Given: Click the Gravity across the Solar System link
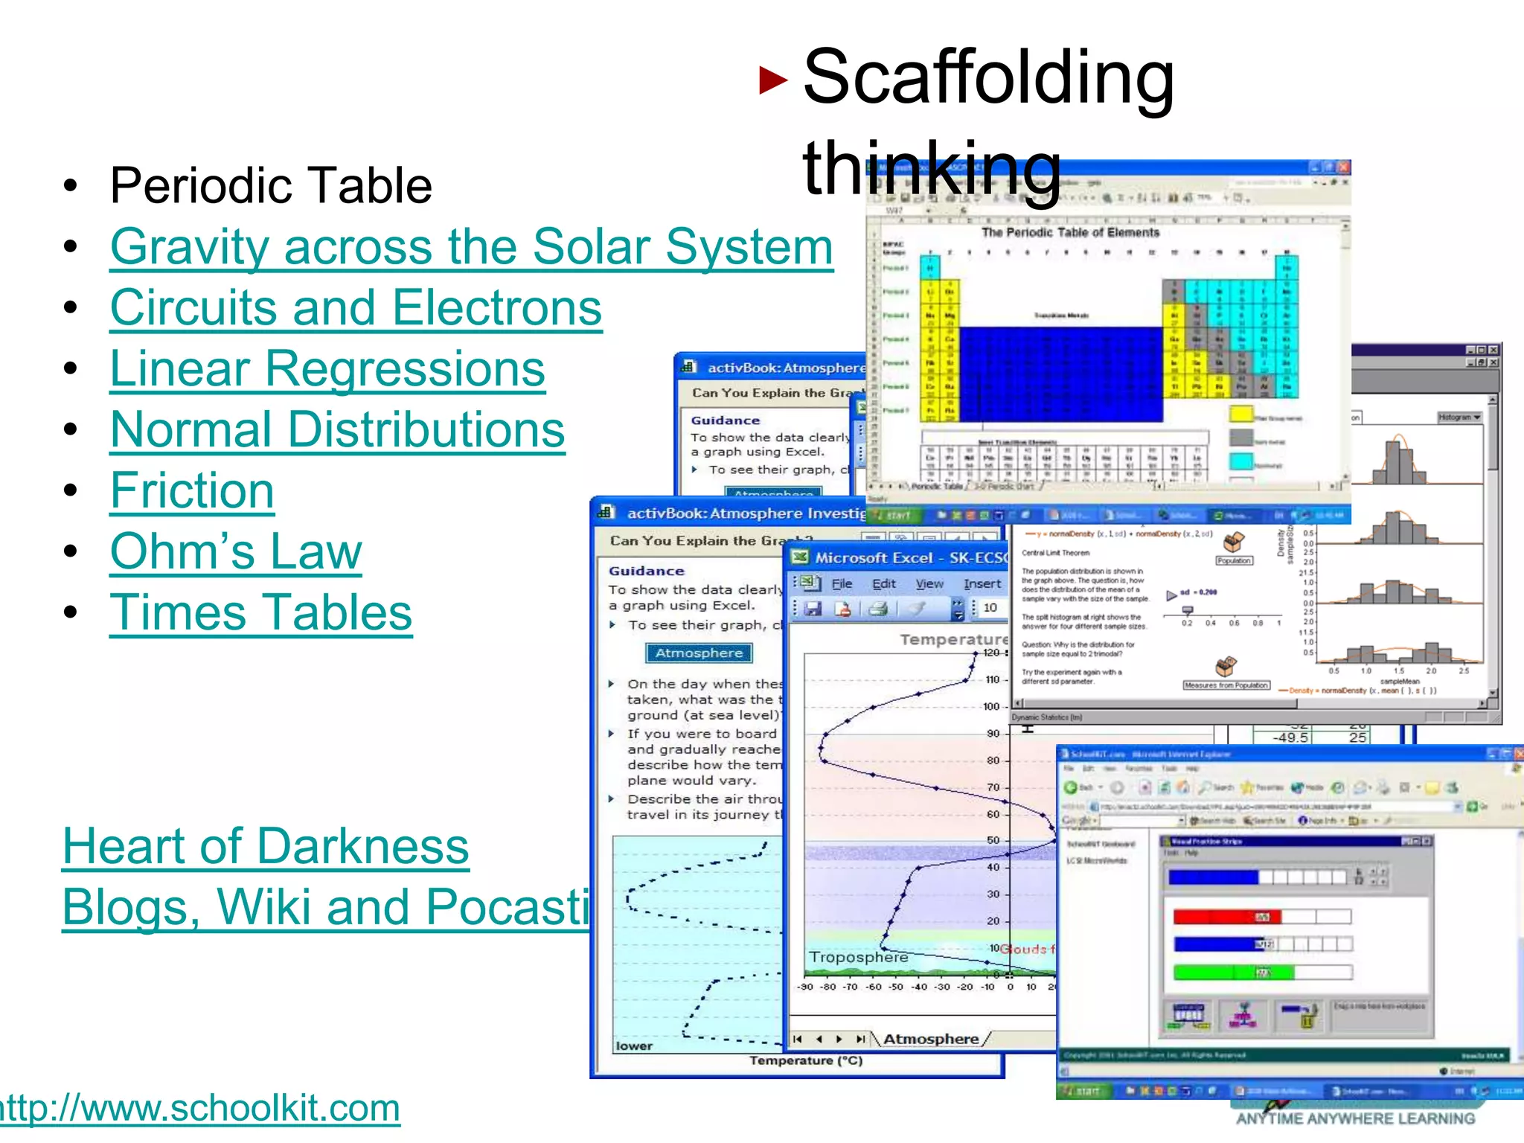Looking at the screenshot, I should tap(471, 247).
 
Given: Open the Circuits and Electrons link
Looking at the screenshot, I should tap(356, 308).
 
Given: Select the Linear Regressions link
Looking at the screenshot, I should tap(327, 369).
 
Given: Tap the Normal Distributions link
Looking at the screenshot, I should tap(337, 430).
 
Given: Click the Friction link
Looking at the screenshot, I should tap(192, 491).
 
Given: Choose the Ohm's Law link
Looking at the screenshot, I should tap(236, 552).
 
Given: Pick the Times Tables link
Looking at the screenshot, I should tap(260, 613).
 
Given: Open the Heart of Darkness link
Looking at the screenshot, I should tap(266, 847).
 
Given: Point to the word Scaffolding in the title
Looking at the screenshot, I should tap(988, 77).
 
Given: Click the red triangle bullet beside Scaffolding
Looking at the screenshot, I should tap(773, 80).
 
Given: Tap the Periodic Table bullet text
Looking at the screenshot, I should tap(271, 186).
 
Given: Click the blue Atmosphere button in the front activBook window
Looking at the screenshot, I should tap(699, 653).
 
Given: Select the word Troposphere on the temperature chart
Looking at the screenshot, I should tap(858, 957).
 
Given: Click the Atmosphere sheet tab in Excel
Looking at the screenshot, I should tap(930, 1039).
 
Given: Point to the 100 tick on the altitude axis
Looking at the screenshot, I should tap(992, 706).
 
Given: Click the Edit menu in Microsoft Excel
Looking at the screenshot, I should tap(883, 584).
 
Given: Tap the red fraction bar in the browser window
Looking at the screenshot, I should tap(1226, 917).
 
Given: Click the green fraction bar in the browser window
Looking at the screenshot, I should tap(1233, 972).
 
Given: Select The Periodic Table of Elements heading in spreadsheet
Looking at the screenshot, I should tap(1070, 233).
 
